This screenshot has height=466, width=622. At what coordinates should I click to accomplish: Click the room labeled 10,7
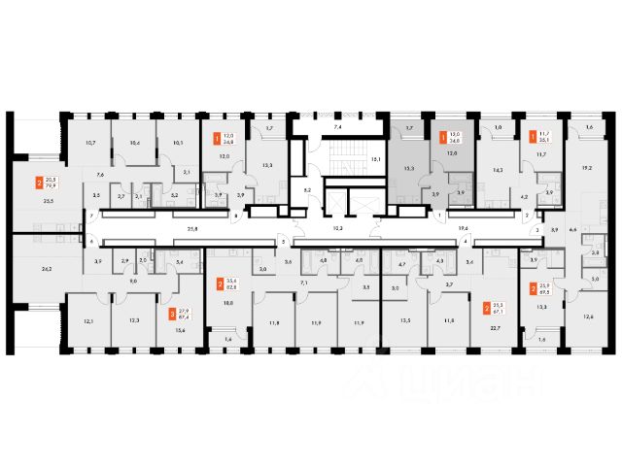pos(90,143)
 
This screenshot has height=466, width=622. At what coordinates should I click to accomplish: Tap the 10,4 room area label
pos(134,143)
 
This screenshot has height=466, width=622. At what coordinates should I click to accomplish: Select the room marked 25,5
pos(48,201)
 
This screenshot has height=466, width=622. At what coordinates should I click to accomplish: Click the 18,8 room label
pos(228,303)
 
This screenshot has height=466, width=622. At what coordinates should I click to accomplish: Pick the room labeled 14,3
pos(500,170)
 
